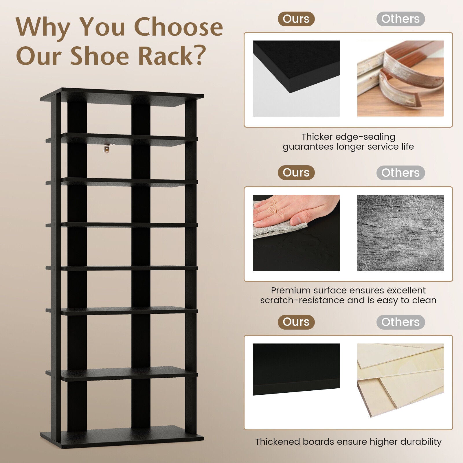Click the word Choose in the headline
coord(178,27)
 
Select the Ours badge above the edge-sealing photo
coord(296,19)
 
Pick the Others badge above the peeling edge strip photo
coord(400,19)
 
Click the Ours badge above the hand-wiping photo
coord(296,173)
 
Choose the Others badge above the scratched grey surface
coord(400,173)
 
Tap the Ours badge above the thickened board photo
coord(296,322)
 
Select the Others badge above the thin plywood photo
coord(400,322)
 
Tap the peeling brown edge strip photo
coord(400,78)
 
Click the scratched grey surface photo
coord(400,233)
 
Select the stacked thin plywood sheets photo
coord(400,381)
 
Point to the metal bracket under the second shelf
coord(108,148)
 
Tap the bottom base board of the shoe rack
coord(122,437)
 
